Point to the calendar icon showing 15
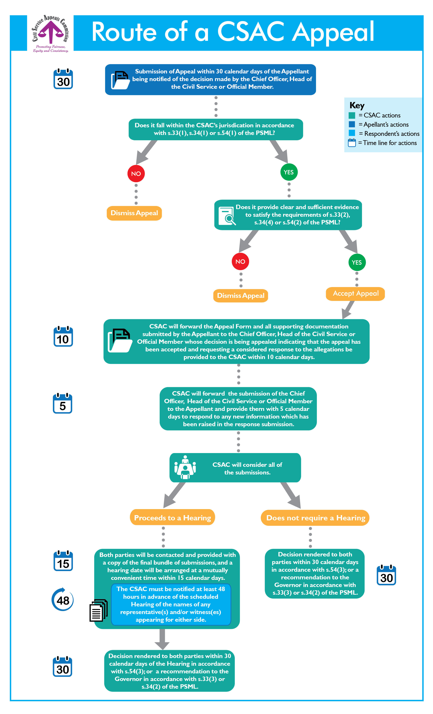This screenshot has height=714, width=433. pos(63,561)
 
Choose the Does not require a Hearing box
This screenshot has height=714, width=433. pos(315,518)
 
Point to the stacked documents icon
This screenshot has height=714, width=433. pos(98,610)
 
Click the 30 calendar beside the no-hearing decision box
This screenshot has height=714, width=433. pos(386,575)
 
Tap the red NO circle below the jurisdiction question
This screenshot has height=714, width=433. pos(136,174)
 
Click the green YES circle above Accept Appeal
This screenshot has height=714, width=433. pos(357,262)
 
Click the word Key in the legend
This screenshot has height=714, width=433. pos(357,105)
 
